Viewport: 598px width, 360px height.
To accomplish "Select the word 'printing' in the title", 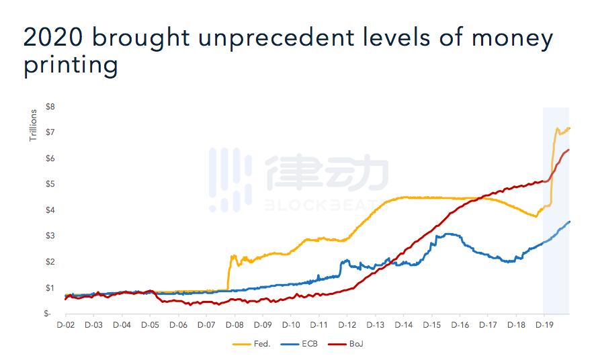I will (x=71, y=66).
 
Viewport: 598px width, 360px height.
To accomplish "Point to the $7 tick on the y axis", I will (x=50, y=132).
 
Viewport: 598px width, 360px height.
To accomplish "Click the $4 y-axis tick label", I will (x=50, y=210).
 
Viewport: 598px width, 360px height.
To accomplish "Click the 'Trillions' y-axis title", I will (x=33, y=125).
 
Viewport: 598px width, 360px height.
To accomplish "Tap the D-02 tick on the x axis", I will (x=65, y=325).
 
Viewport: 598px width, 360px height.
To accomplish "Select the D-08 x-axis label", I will (x=234, y=325).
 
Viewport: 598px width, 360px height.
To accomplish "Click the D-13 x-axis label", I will (x=375, y=325).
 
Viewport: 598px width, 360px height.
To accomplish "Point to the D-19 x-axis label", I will (x=544, y=325).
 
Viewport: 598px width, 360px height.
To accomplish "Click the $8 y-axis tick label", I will (x=50, y=107).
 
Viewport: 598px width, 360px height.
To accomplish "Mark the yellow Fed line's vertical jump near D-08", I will (x=229, y=272).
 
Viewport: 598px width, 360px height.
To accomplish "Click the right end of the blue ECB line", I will (x=570, y=222).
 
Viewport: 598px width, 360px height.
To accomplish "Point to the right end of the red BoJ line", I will (x=569, y=150).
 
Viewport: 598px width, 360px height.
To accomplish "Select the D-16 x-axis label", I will (x=460, y=325).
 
